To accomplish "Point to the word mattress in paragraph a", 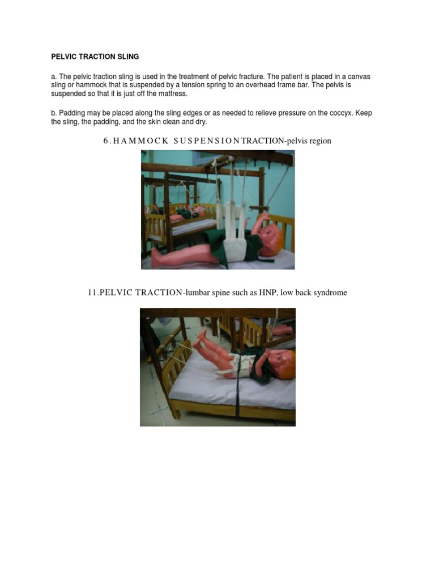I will coord(170,93).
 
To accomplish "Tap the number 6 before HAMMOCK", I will coord(105,141).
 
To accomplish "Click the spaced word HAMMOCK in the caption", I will coord(138,141).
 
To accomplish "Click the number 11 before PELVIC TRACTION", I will coord(92,293).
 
